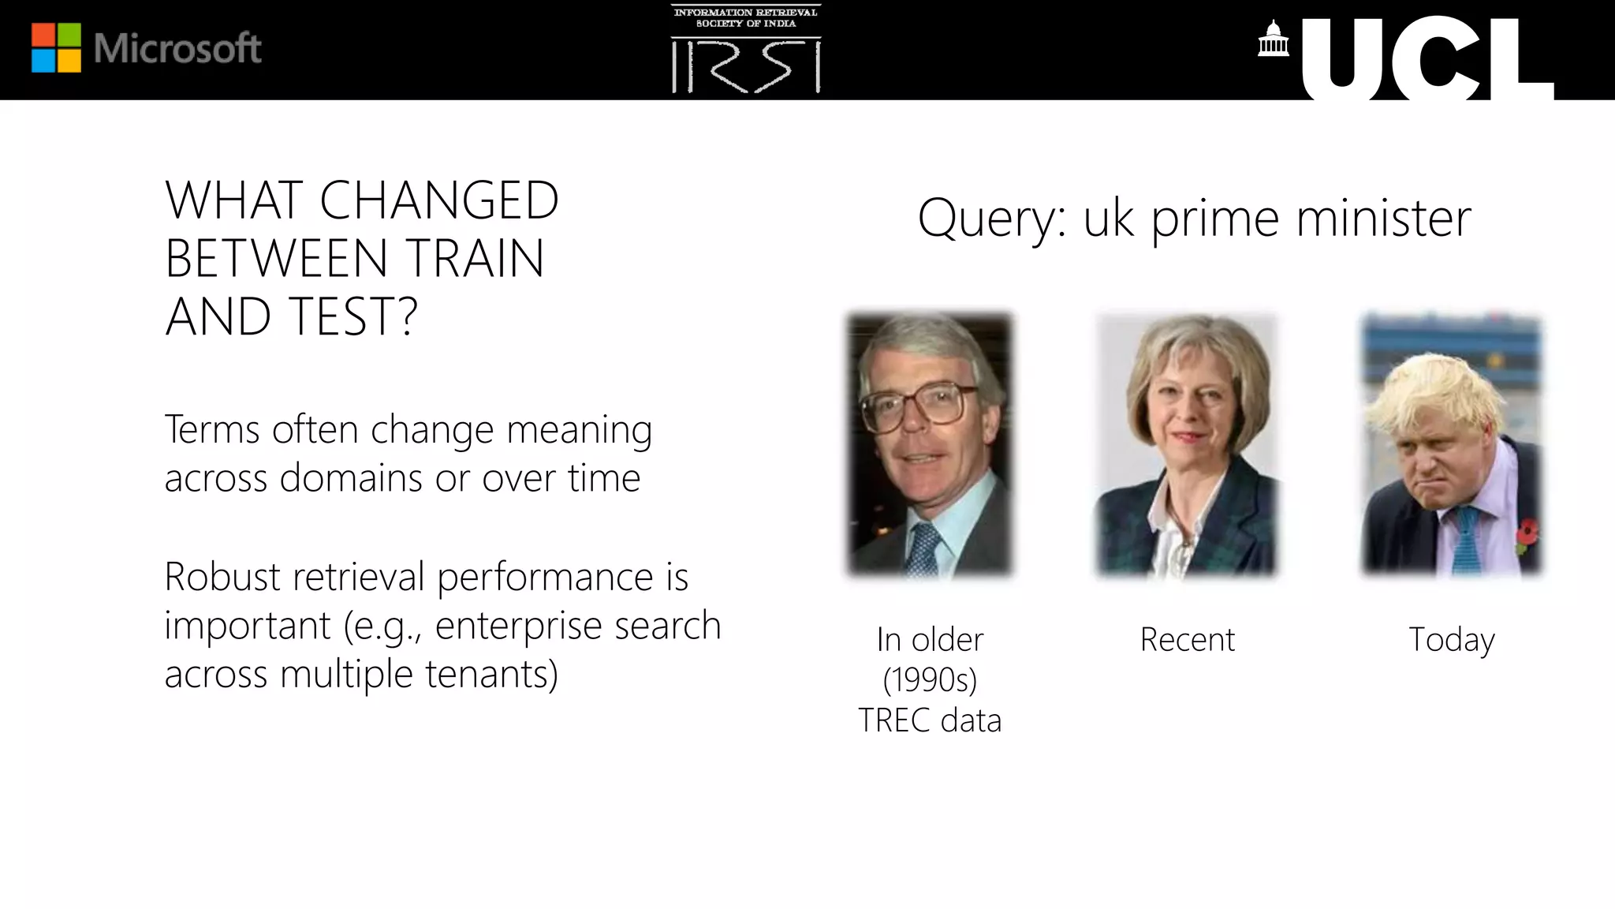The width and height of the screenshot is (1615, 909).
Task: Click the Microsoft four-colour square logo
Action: pyautogui.click(x=56, y=48)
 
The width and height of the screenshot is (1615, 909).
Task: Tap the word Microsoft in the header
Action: pyautogui.click(x=177, y=49)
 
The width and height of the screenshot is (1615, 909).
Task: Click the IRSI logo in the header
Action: pyautogui.click(x=746, y=50)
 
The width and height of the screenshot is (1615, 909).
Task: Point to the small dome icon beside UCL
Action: pyautogui.click(x=1273, y=39)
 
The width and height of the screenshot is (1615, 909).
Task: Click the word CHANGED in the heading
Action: pyautogui.click(x=439, y=200)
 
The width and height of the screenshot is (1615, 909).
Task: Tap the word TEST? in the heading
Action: pyautogui.click(x=352, y=316)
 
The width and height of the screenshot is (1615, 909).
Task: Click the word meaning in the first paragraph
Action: pyautogui.click(x=579, y=430)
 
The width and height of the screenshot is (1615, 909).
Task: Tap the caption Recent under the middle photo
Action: pyautogui.click(x=1187, y=639)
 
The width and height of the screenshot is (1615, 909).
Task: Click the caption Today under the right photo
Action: pyautogui.click(x=1451, y=640)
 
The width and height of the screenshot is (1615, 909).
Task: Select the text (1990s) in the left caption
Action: pyautogui.click(x=930, y=679)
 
